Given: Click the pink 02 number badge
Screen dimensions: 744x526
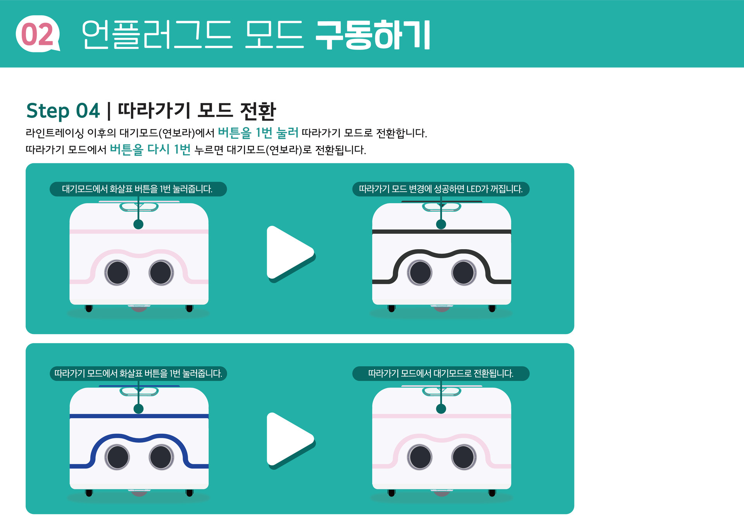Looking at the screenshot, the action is [37, 34].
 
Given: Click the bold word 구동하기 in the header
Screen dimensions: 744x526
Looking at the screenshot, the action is [373, 35].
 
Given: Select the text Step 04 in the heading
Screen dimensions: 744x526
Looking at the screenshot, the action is [63, 111].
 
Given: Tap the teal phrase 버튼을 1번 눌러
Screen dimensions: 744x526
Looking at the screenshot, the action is [258, 133].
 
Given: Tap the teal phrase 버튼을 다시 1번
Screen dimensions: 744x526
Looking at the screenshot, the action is [150, 149].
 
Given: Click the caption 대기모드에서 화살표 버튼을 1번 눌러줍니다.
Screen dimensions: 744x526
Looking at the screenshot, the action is [138, 189].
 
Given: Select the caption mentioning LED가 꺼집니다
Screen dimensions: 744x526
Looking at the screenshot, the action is [440, 189].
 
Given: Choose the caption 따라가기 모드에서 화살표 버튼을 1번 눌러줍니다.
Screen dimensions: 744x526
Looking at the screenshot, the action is [138, 374].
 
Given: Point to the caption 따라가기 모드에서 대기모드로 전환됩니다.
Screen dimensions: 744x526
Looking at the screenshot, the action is [440, 374].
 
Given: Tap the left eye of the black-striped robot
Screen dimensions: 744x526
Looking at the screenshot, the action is [420, 272].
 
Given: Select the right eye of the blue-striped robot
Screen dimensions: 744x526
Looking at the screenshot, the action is [161, 457].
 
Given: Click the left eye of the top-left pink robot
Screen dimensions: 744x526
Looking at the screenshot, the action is [117, 272].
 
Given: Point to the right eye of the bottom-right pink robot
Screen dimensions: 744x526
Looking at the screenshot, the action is [463, 457].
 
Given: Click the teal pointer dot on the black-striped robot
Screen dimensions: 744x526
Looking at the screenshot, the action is [441, 224].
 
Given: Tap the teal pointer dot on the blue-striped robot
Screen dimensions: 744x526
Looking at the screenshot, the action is [138, 409].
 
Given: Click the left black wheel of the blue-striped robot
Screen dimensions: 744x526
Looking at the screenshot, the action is [89, 493].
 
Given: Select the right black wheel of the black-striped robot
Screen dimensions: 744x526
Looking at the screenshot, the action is [492, 308].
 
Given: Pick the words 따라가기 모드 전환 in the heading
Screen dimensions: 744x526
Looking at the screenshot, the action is [197, 111].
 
